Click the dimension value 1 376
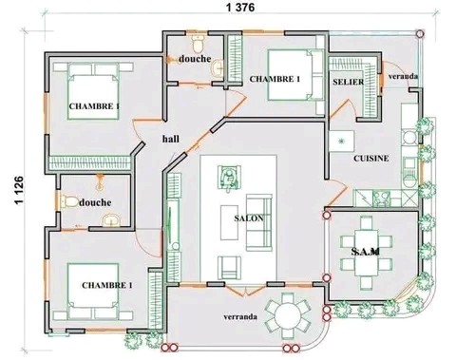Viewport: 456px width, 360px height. pyautogui.click(x=240, y=8)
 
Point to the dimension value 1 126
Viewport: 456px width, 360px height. pyautogui.click(x=19, y=190)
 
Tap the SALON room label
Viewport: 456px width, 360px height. pyautogui.click(x=249, y=218)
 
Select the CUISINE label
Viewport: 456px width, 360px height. pyautogui.click(x=371, y=158)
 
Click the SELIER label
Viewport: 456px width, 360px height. pyautogui.click(x=349, y=82)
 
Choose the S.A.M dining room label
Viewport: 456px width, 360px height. pyautogui.click(x=366, y=252)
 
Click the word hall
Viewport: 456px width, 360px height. pyautogui.click(x=171, y=139)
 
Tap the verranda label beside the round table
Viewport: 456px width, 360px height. pyautogui.click(x=240, y=316)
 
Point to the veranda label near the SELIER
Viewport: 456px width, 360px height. pyautogui.click(x=403, y=76)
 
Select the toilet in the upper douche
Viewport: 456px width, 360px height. pyautogui.click(x=199, y=44)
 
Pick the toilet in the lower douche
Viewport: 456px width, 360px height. pyautogui.click(x=69, y=201)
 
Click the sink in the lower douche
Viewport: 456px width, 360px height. pyautogui.click(x=111, y=219)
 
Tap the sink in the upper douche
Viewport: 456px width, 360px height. pyautogui.click(x=218, y=68)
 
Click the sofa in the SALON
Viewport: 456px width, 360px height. pyautogui.click(x=259, y=222)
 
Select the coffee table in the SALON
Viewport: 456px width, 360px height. pyautogui.click(x=229, y=222)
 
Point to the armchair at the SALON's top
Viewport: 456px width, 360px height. pyautogui.click(x=229, y=178)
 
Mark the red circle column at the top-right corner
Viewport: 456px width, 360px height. pyautogui.click(x=420, y=33)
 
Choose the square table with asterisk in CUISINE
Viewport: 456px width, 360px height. pyautogui.click(x=341, y=141)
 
